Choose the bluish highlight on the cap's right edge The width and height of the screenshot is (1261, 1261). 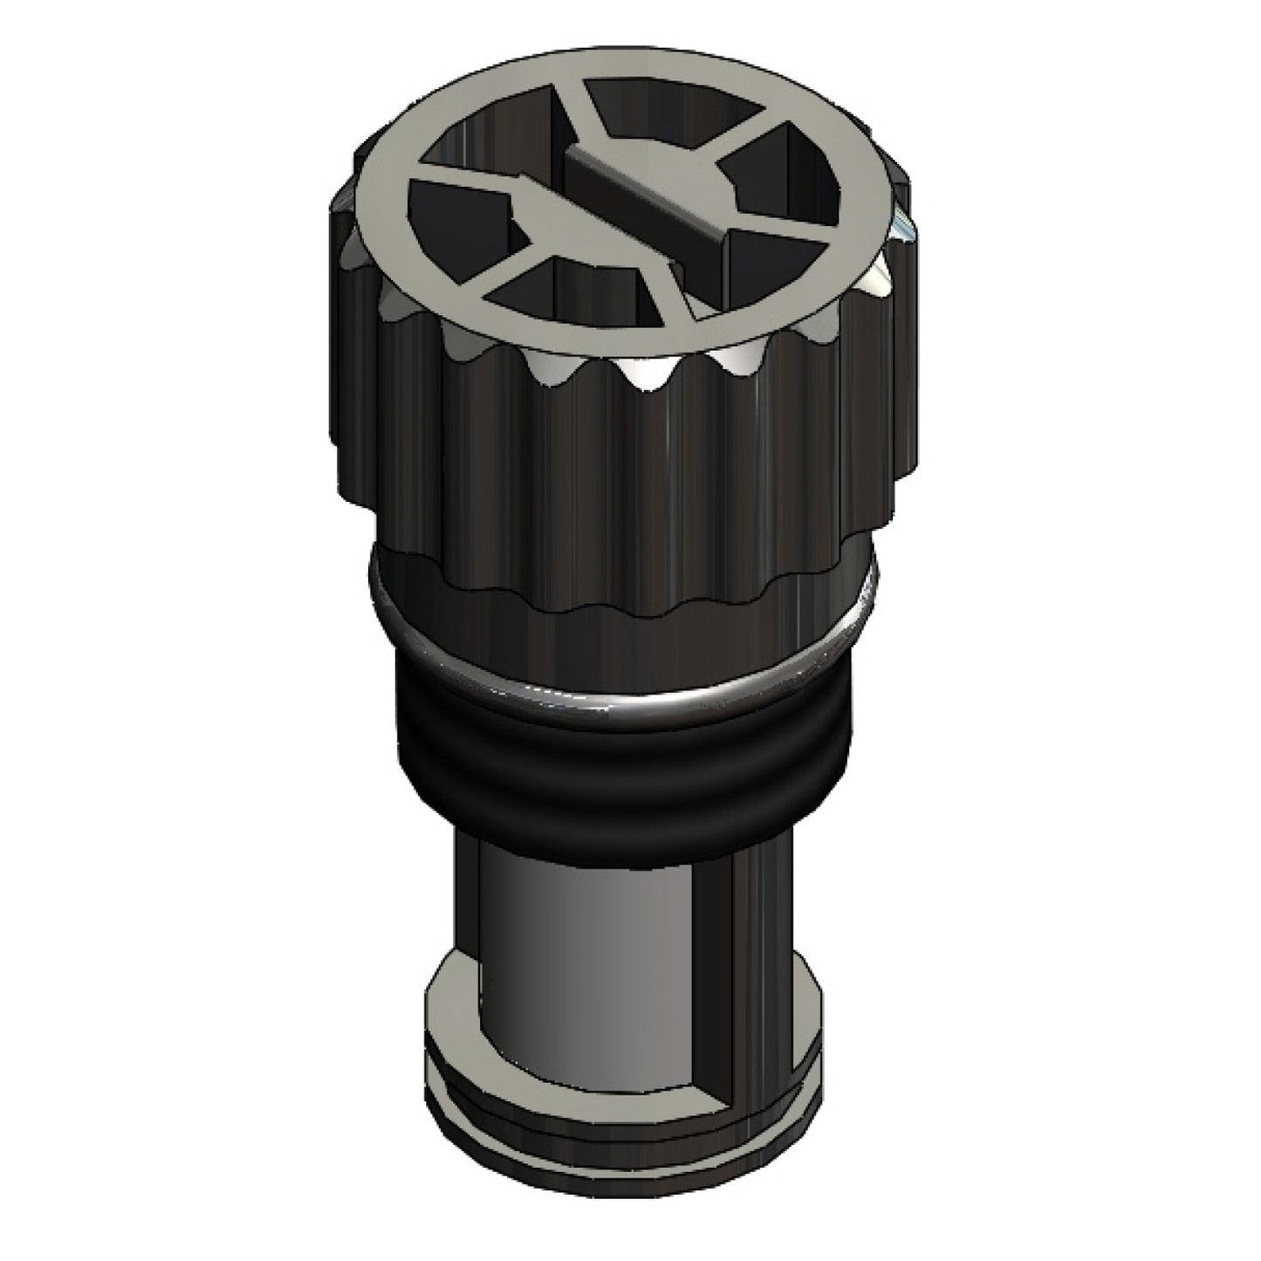pyautogui.click(x=903, y=225)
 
